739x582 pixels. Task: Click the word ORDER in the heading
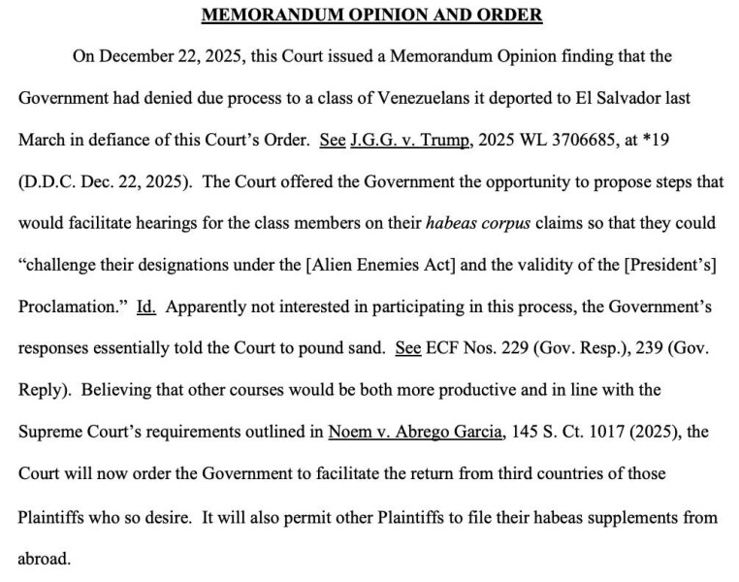click(508, 15)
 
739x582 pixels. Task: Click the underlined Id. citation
click(145, 307)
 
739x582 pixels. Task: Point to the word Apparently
click(207, 307)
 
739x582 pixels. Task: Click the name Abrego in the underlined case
click(419, 432)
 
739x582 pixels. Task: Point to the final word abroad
click(44, 560)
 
